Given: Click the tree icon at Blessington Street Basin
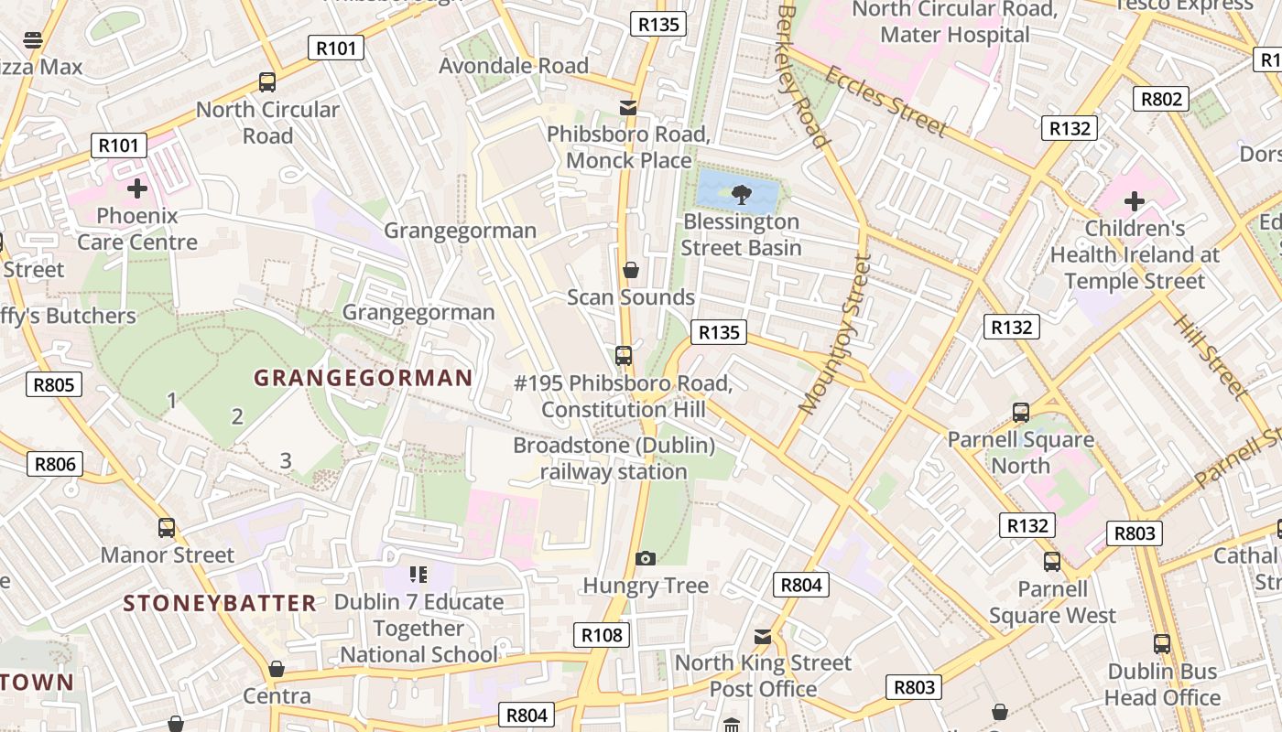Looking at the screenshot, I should (741, 193).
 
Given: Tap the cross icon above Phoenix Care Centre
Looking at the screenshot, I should (137, 188).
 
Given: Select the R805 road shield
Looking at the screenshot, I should (53, 384).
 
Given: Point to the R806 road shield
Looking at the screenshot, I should (54, 464).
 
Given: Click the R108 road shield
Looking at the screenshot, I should (602, 635).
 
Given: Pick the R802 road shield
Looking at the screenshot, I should (1160, 99).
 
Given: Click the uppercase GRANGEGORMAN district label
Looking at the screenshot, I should (364, 378).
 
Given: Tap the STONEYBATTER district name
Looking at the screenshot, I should (220, 603).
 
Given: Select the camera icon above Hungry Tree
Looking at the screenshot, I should (646, 558).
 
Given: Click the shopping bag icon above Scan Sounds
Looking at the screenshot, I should (631, 270).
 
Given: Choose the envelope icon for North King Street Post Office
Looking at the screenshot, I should (763, 636).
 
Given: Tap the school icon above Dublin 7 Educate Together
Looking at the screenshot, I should (418, 575).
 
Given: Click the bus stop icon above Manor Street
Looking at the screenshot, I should (167, 528).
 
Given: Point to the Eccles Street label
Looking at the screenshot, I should (885, 101).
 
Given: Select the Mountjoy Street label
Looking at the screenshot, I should (834, 334).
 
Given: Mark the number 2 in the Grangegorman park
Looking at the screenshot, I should (237, 417).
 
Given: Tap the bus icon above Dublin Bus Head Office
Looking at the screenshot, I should (1162, 644).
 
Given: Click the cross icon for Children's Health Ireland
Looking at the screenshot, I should (1135, 201).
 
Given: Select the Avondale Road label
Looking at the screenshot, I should (514, 66).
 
